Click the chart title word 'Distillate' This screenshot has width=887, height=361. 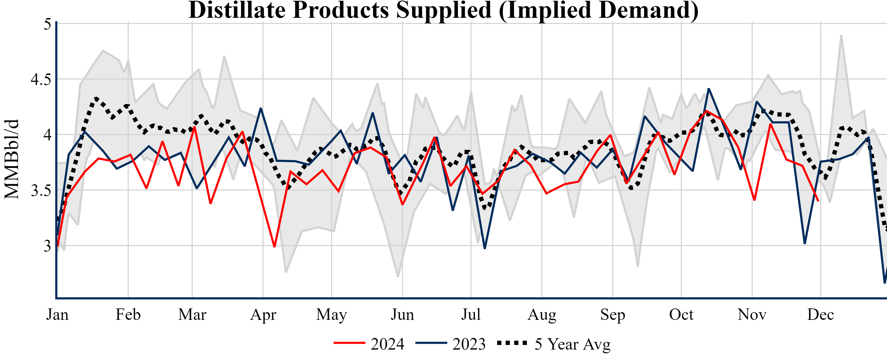[237, 10]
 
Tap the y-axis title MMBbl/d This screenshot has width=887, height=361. [12, 159]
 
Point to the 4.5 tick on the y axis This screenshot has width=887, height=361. [41, 79]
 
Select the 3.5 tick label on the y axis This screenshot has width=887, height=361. [41, 191]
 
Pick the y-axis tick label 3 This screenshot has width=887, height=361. [48, 246]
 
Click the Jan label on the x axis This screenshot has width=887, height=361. [57, 315]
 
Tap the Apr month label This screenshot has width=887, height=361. [263, 315]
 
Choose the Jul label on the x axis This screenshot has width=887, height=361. [471, 315]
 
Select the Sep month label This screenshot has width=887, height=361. [613, 315]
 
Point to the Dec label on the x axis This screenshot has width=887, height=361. [821, 315]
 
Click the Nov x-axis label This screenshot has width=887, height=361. [752, 315]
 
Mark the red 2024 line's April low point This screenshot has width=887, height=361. [274, 246]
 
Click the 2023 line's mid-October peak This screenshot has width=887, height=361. [709, 89]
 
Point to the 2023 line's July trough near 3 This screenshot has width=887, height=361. [485, 248]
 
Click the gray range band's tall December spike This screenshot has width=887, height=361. [841, 36]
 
